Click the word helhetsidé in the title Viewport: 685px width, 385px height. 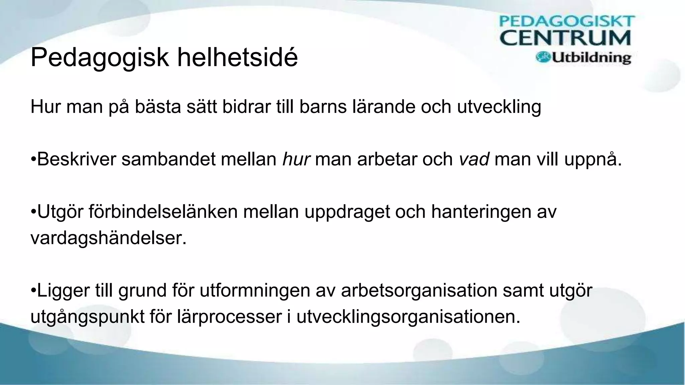[x=237, y=57]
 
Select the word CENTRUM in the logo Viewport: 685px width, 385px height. [x=565, y=38]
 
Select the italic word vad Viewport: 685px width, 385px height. [x=474, y=159]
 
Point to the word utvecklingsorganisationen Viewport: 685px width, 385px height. [x=408, y=317]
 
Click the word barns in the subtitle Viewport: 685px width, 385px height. [x=323, y=107]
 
